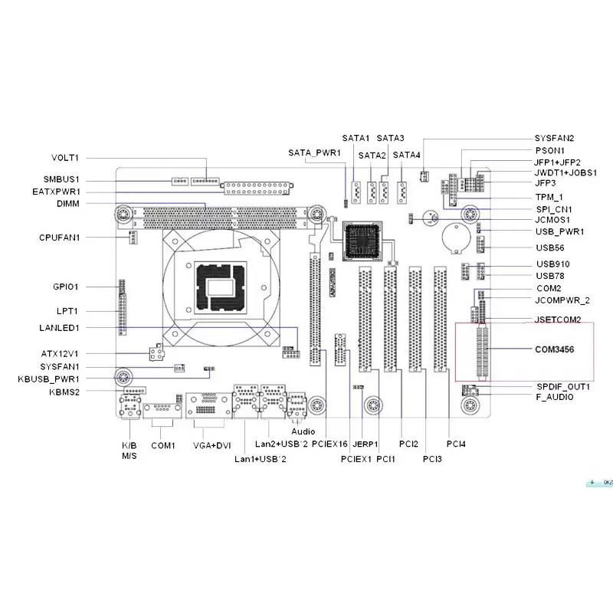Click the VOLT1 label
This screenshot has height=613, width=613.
[65, 158]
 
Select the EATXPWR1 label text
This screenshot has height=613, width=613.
[56, 192]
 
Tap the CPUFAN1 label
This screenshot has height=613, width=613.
[60, 238]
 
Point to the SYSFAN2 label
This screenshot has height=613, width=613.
[554, 139]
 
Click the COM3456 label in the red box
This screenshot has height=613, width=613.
[554, 349]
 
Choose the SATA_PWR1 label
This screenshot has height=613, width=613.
[314, 152]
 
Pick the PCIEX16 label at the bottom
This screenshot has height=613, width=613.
[329, 444]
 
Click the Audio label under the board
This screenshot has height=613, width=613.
[303, 431]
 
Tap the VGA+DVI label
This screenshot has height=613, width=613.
[212, 446]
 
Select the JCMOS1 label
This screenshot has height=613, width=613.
[552, 220]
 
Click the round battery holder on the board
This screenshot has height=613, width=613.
[455, 237]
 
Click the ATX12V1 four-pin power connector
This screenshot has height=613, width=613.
[157, 352]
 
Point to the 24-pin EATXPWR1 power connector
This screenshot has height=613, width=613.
[257, 188]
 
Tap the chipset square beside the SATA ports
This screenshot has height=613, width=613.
[362, 241]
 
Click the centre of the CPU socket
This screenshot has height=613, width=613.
[221, 287]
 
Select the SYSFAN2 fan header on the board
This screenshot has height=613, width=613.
[424, 176]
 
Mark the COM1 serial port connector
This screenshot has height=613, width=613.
[162, 411]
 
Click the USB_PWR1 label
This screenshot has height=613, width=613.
[560, 232]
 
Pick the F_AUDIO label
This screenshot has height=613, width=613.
[555, 397]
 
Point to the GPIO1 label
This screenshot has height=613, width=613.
[66, 287]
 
